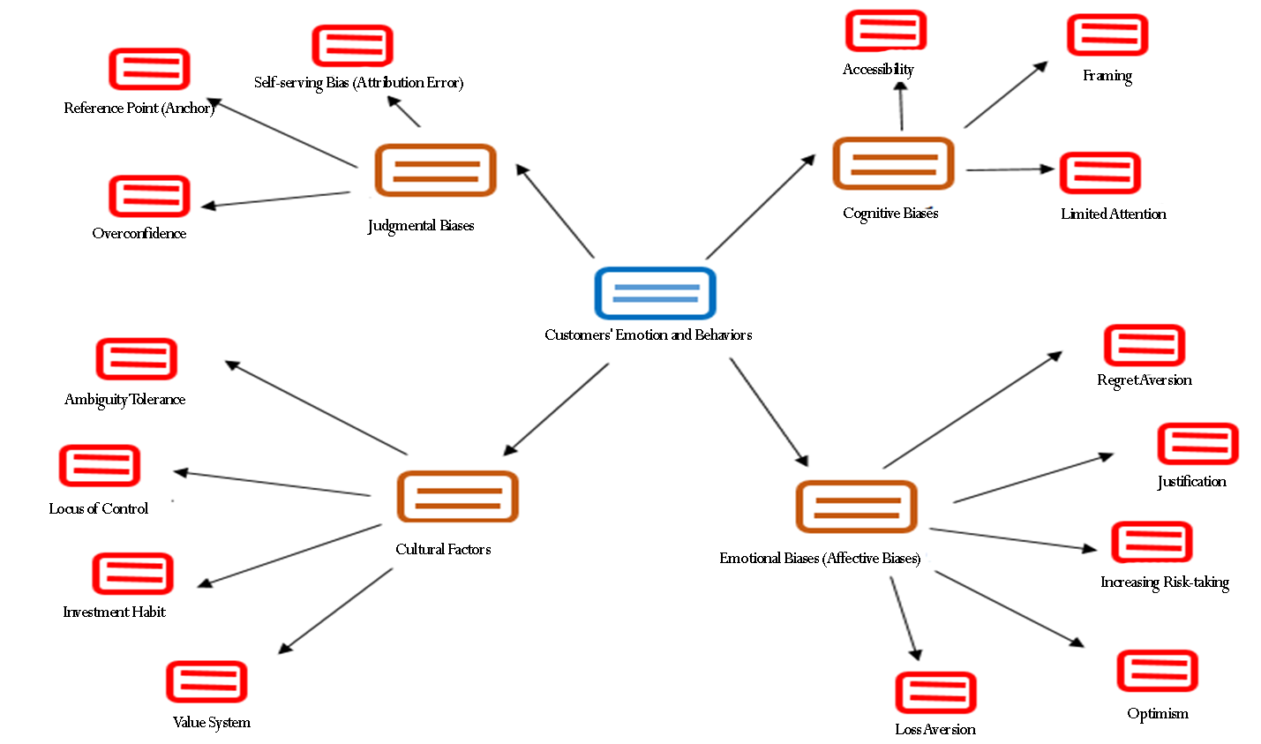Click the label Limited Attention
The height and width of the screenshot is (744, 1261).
[1114, 214]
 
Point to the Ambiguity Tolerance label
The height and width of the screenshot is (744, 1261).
[125, 400]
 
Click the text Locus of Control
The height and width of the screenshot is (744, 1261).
[99, 508]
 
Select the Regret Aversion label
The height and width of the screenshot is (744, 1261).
[1145, 380]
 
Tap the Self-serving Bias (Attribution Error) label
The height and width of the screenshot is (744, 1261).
[358, 83]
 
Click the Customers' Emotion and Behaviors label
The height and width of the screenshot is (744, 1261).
[649, 335]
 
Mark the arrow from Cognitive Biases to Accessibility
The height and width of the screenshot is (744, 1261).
[901, 106]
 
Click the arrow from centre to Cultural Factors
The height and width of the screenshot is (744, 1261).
[556, 410]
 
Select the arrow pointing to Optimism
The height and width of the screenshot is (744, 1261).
[1010, 609]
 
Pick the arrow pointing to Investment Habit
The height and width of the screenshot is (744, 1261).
[289, 556]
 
